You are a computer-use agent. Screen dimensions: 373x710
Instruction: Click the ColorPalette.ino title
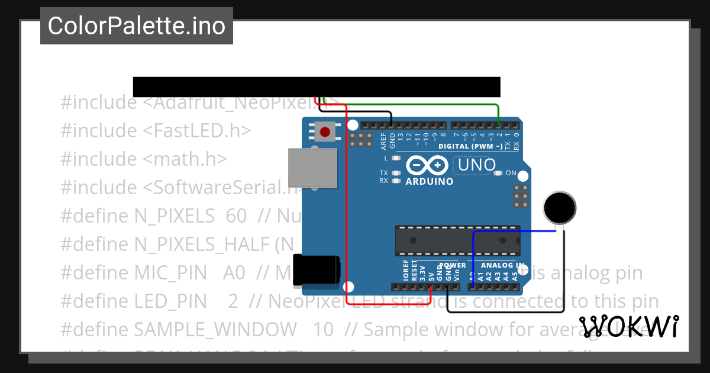137,26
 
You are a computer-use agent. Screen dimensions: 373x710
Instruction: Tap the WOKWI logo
629,326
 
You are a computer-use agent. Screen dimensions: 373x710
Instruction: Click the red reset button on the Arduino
324,131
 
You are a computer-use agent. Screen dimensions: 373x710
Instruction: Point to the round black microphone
559,208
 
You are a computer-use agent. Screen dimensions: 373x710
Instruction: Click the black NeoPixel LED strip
317,86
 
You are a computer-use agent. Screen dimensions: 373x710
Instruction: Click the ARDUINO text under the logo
429,182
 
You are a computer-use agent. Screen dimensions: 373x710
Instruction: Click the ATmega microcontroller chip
457,240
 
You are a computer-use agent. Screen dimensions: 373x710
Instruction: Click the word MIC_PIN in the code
173,272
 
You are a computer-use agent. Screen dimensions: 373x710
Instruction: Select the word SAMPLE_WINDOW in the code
216,329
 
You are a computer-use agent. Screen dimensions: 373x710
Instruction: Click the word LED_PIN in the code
171,301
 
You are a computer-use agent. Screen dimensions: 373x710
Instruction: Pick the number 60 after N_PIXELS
236,216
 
